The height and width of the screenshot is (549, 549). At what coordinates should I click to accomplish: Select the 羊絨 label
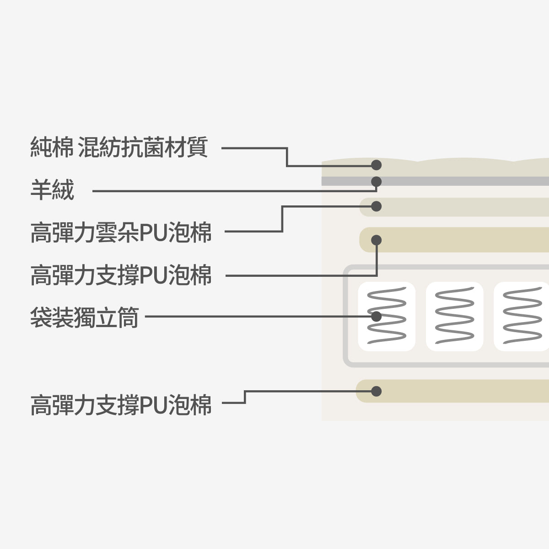tap(52, 190)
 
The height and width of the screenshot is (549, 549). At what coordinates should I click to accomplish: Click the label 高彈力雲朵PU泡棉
tap(121, 232)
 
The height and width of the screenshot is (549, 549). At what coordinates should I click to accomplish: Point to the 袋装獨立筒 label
tap(84, 317)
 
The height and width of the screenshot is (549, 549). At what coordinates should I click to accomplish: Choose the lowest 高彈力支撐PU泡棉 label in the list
tap(121, 405)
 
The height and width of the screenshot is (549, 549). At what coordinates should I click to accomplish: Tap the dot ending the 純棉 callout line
tap(376, 165)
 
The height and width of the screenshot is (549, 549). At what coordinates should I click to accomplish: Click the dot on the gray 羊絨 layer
tap(376, 182)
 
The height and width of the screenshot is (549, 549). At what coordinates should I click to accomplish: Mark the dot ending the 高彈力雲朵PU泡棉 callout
tap(376, 206)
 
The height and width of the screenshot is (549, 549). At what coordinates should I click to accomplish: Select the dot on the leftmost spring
tap(376, 316)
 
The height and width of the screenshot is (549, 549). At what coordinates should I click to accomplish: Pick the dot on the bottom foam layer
tap(376, 391)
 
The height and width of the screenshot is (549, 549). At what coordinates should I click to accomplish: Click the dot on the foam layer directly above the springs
tap(376, 240)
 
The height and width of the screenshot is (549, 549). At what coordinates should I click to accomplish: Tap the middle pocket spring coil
tap(454, 316)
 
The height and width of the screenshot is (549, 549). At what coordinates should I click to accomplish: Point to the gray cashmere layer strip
tap(457, 181)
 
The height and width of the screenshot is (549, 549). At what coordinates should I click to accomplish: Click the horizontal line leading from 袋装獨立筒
tap(256, 316)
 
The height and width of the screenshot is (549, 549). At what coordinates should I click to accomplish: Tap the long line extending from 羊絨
tap(229, 191)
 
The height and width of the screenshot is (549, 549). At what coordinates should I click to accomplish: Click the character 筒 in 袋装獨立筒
tap(129, 317)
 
